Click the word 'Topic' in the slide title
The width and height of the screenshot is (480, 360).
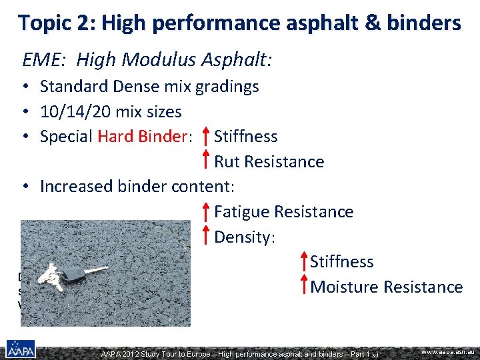(x=45, y=23)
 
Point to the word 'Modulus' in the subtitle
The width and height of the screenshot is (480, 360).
(x=159, y=61)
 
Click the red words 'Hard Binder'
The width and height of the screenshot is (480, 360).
(x=143, y=137)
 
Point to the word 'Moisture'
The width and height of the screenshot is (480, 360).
(x=344, y=287)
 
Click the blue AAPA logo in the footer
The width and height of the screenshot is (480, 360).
(x=21, y=349)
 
